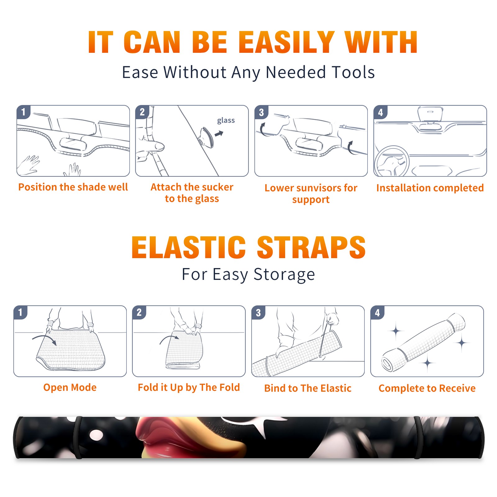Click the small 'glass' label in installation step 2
226,121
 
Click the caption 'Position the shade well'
73,187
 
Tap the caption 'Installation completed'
430,188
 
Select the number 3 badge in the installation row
261,112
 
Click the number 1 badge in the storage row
21,312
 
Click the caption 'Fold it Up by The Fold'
189,387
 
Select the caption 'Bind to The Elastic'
308,388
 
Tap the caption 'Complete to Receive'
427,388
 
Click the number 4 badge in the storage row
377,312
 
